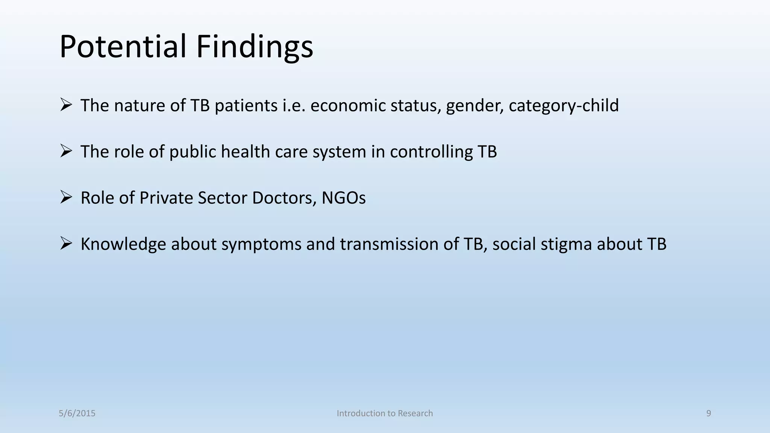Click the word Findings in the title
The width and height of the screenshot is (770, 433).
[255, 47]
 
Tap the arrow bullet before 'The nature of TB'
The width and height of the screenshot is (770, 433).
[66, 105]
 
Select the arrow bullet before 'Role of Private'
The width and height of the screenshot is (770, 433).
[66, 197]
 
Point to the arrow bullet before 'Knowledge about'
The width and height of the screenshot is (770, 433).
[66, 244]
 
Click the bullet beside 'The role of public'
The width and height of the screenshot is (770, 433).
[66, 151]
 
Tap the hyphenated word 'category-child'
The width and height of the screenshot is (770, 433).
[564, 106]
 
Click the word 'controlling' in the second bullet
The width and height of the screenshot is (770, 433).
[431, 152]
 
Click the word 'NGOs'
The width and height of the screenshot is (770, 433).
[343, 198]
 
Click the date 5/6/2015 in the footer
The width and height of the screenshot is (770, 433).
[77, 413]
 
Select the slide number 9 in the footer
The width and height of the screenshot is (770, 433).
[708, 413]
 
